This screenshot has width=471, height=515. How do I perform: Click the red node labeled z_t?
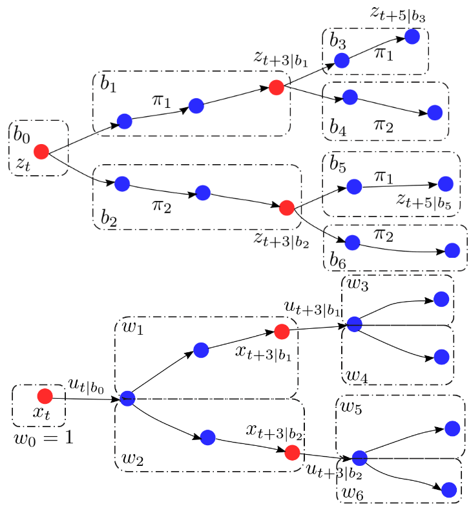point(41,152)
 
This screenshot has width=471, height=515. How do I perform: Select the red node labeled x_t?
point(45,396)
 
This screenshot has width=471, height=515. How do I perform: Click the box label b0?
point(21,134)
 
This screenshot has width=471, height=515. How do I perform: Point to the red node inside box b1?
point(277,87)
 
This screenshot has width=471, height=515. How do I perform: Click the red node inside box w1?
point(281,331)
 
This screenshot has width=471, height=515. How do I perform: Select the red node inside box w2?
point(292,451)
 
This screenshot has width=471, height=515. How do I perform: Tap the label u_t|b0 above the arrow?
point(86,385)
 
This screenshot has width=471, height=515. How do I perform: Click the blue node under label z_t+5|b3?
point(412,37)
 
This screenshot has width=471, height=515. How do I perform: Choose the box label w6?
point(353,493)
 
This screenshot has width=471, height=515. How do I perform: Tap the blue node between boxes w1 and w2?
point(127,399)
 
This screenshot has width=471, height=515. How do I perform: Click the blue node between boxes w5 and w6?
point(359,458)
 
